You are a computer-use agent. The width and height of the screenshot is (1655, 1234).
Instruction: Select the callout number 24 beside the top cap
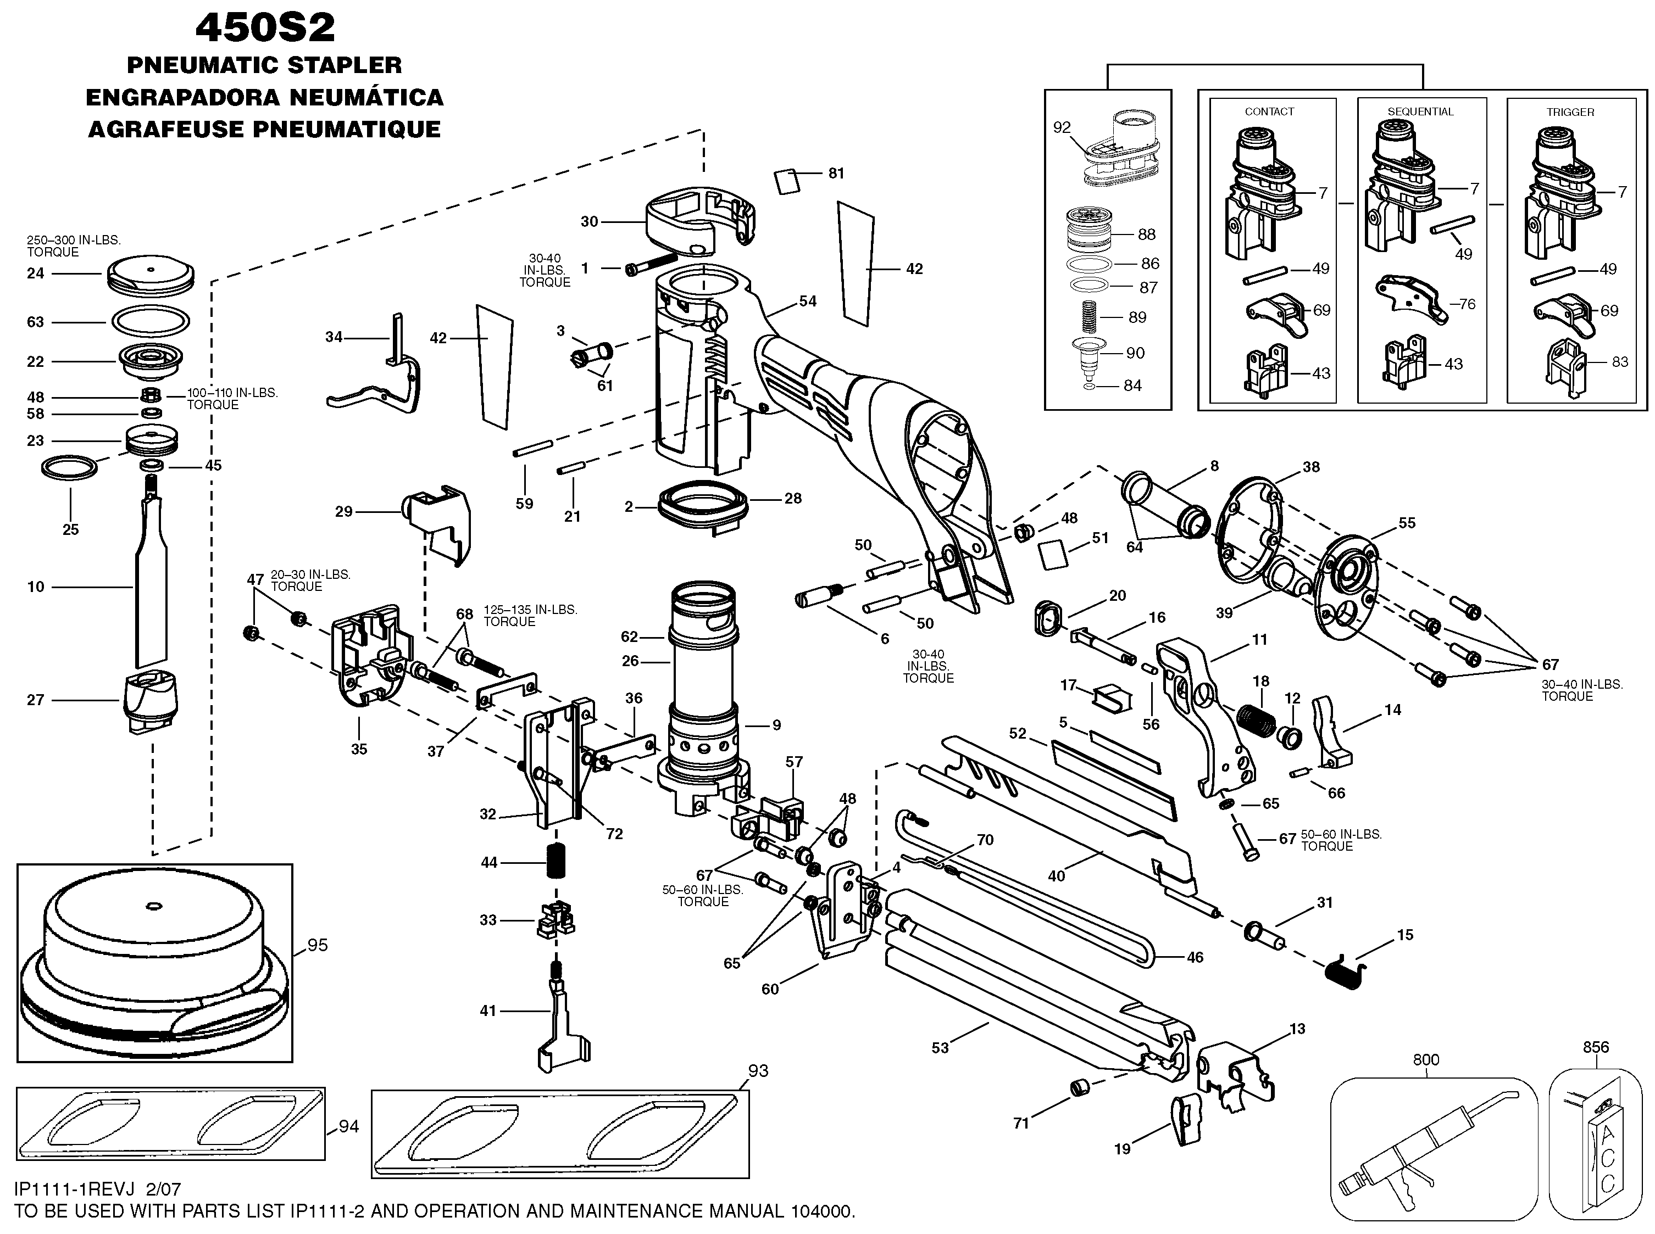[36, 273]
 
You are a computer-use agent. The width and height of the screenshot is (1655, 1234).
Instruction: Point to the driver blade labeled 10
[152, 590]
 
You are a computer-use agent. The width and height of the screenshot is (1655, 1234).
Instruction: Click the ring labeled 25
[69, 468]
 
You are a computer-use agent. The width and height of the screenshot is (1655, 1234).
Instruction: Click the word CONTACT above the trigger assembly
[1269, 112]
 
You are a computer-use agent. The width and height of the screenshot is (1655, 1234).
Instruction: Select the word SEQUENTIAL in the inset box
[1420, 112]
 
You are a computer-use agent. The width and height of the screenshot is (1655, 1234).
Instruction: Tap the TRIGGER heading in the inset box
[1570, 112]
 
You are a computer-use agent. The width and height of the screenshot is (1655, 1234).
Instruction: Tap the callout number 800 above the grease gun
[1426, 1059]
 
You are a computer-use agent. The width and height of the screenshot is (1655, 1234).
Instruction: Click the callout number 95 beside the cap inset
[318, 945]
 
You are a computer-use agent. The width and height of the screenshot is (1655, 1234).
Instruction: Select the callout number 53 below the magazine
[940, 1048]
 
